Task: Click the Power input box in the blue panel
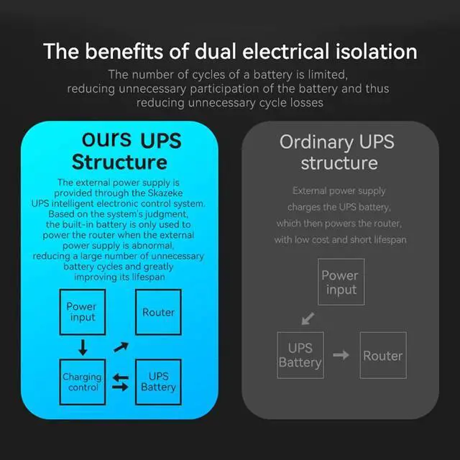(82, 311)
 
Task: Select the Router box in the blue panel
(158, 312)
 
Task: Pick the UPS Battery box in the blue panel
(158, 382)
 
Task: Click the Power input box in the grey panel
(341, 282)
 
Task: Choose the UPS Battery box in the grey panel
(300, 355)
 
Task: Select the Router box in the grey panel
(382, 355)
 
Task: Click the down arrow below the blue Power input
(83, 348)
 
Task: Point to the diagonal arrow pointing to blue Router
(121, 348)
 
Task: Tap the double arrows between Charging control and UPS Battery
(121, 382)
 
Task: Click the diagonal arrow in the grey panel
(308, 318)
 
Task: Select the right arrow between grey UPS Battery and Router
(341, 355)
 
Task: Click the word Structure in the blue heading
(119, 161)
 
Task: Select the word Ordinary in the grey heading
(316, 142)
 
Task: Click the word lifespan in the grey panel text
(386, 239)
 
